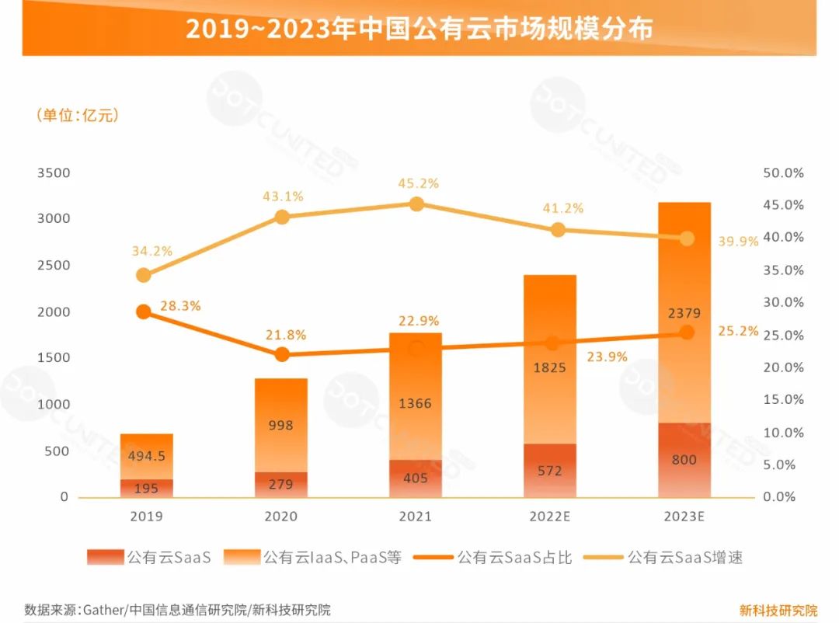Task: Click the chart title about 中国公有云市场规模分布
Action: coord(419,29)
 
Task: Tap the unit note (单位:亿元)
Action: coord(77,116)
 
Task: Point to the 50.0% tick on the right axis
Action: coord(783,172)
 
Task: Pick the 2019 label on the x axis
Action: coord(147,517)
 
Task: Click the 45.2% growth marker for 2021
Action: coord(416,204)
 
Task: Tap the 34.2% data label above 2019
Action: coord(152,252)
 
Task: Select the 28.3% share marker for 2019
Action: coord(144,311)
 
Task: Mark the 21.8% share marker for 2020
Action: coord(282,355)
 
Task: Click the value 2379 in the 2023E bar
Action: coord(684,314)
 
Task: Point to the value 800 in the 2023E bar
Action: coord(684,460)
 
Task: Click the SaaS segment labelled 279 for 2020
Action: coord(280,485)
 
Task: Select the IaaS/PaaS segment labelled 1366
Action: coord(416,404)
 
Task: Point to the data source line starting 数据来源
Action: coord(177,610)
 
